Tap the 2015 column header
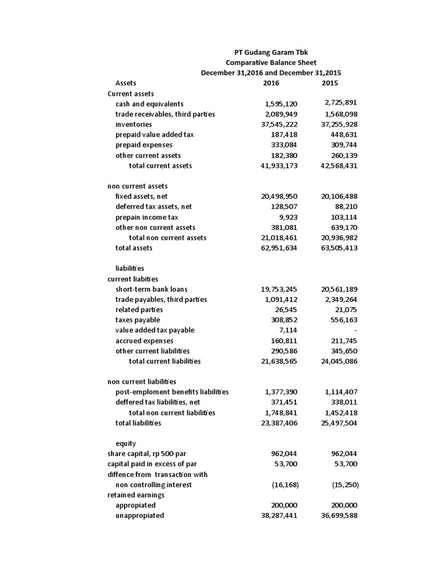[330, 84]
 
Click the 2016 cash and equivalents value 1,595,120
[281, 104]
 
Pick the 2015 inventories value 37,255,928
[335, 124]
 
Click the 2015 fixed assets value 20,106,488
[335, 196]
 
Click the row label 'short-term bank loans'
[151, 289]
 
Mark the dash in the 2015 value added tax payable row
[356, 330]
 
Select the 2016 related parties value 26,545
[285, 310]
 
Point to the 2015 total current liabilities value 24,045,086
[335, 361]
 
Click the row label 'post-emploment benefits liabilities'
[172, 392]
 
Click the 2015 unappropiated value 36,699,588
[335, 515]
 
